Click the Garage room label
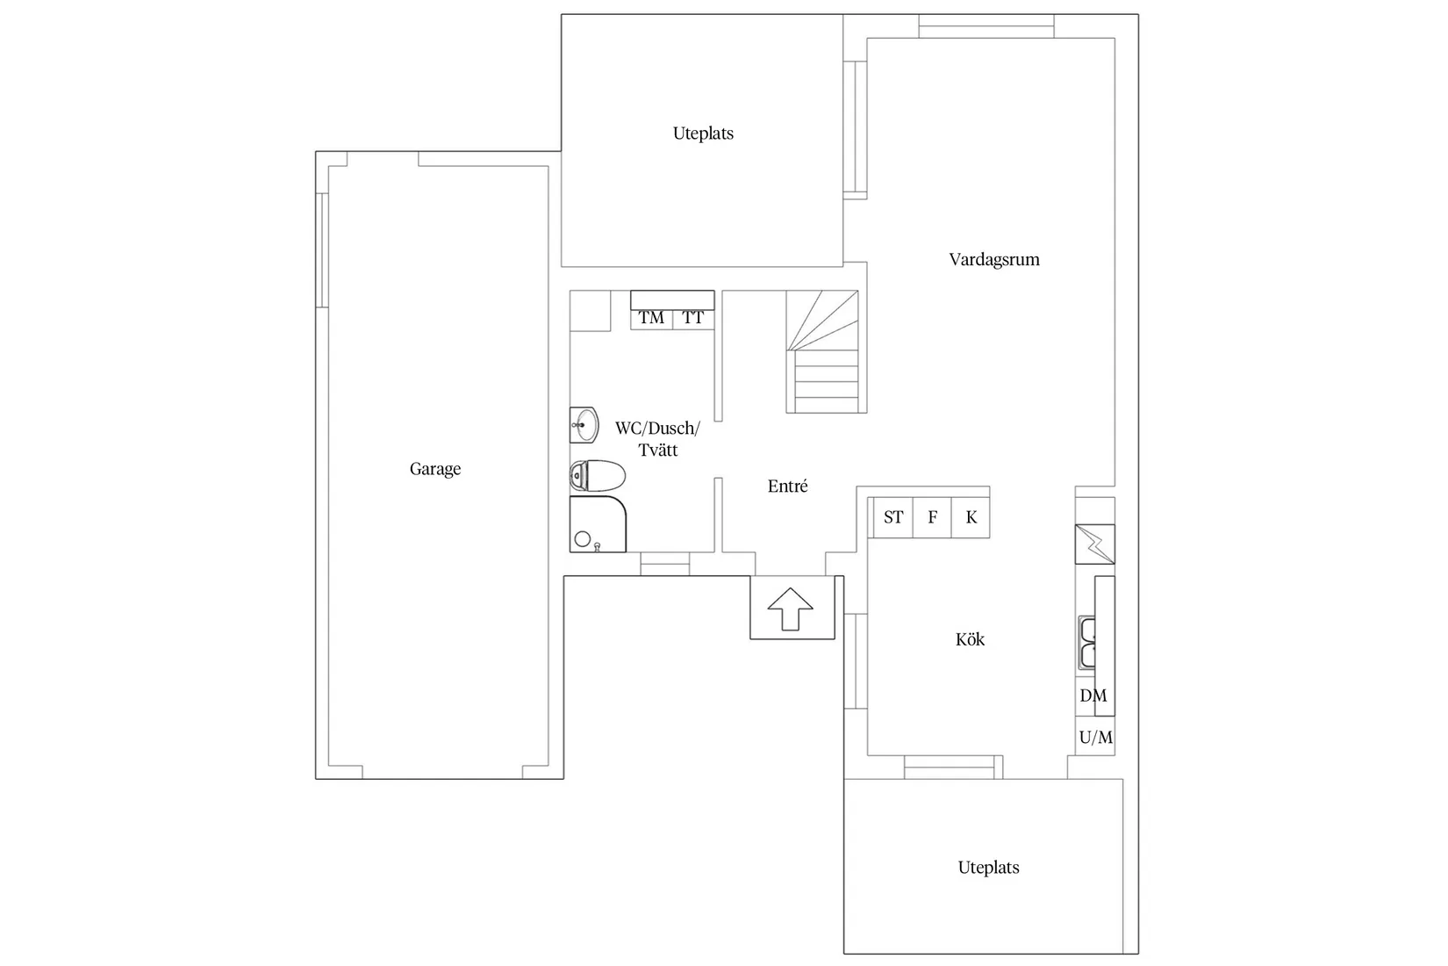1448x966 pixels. point(435,469)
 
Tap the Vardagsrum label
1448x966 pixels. point(994,260)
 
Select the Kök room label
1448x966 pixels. point(970,639)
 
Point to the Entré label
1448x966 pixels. point(787,487)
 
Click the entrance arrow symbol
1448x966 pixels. point(791,609)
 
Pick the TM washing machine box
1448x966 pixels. point(651,318)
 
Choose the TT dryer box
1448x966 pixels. point(693,318)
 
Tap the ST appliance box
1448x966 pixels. point(893,517)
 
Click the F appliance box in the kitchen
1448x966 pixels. point(932,517)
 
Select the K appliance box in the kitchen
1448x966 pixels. point(971,517)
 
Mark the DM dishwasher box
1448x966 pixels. point(1093,696)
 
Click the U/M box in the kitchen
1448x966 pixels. point(1095,738)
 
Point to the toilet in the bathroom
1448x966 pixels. point(598,476)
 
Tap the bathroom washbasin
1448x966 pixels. point(584,426)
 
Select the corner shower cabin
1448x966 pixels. point(597,525)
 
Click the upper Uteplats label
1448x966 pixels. point(703,133)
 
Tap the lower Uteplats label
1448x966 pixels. point(988,868)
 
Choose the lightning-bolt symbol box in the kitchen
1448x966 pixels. point(1095,544)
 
